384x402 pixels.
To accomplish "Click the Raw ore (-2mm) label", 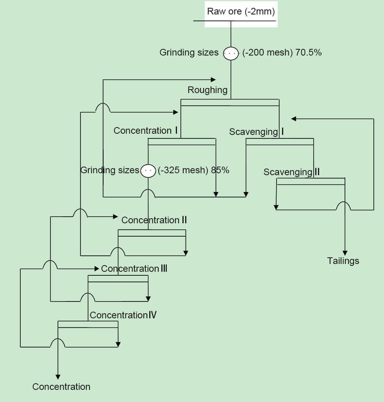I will click(241, 11).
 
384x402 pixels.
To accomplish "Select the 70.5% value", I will click(309, 52).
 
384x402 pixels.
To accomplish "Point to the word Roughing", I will click(207, 90).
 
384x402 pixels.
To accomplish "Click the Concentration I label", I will click(146, 131).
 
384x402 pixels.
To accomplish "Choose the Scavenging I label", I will click(256, 132).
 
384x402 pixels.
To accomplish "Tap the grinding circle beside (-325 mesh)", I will click(148, 170).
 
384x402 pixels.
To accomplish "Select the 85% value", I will click(220, 170).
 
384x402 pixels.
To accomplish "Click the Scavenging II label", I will click(291, 172).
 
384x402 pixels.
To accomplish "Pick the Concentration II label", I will click(154, 220).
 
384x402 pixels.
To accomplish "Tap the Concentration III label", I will click(134, 269).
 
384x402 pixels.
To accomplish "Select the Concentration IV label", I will click(123, 315).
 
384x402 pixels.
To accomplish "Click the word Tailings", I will click(343, 261).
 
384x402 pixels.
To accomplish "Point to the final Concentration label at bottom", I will click(61, 387).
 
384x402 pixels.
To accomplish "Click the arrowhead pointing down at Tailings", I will click(345, 252).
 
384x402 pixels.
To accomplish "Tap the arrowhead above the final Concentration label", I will click(58, 377).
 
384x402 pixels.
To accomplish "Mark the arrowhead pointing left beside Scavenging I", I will click(294, 118).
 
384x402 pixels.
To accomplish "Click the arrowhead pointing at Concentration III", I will click(96, 269).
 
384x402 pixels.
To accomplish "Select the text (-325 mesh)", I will click(182, 170).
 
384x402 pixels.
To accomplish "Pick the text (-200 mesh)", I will click(267, 52).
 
